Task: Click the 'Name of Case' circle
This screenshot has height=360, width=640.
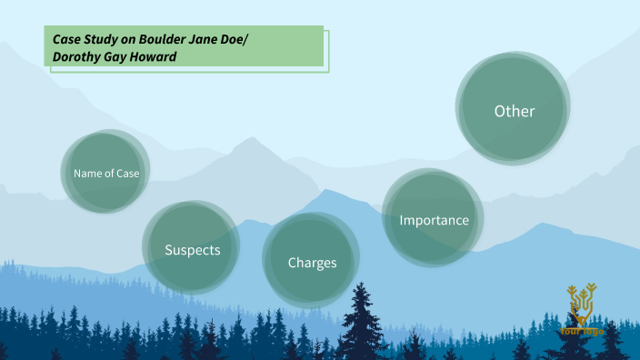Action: point(106,172)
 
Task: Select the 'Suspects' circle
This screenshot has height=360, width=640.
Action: point(192,249)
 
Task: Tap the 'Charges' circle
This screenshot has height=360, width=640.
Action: point(312,262)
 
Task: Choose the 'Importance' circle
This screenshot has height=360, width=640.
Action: point(434,220)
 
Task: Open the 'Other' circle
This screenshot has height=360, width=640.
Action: point(514,111)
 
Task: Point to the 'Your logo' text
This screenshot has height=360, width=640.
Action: point(581,330)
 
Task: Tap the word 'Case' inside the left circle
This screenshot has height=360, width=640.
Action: point(127,173)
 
